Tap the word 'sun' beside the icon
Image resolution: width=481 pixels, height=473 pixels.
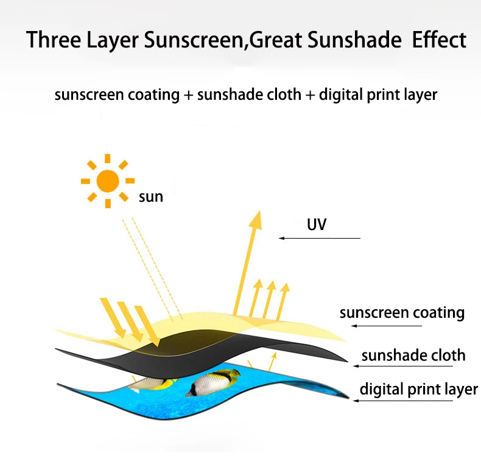tap(151, 197)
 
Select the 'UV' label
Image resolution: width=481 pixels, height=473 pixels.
tap(317, 225)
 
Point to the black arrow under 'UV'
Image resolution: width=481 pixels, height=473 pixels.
tap(320, 237)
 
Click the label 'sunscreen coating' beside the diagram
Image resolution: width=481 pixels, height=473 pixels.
tap(402, 313)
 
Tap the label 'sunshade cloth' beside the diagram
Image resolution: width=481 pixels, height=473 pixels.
tap(413, 355)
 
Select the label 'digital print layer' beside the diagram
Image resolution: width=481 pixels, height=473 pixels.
tap(418, 389)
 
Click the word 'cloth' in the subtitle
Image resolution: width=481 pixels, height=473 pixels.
tap(284, 95)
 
